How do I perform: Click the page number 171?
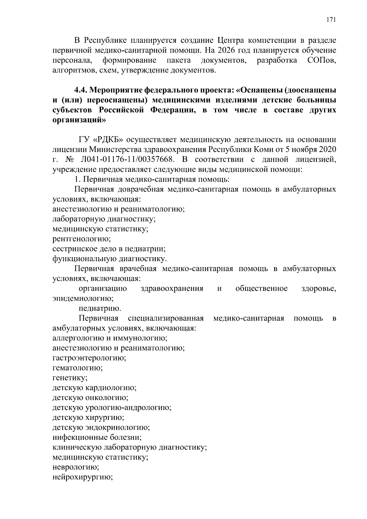pos(331,20)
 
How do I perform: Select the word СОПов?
pos(321,60)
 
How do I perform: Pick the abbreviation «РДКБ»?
pos(108,140)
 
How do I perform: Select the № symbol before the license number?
pos(69,159)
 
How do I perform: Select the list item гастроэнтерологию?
pos(89,358)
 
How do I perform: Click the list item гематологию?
pos(78,368)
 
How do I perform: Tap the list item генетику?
pos(70,378)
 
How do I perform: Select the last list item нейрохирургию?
pos(83,477)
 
